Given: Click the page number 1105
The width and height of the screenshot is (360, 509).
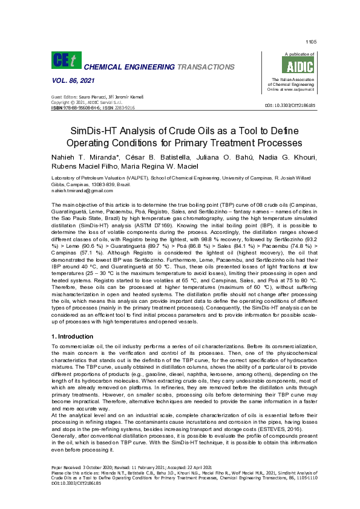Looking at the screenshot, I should [x=311, y=42].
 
